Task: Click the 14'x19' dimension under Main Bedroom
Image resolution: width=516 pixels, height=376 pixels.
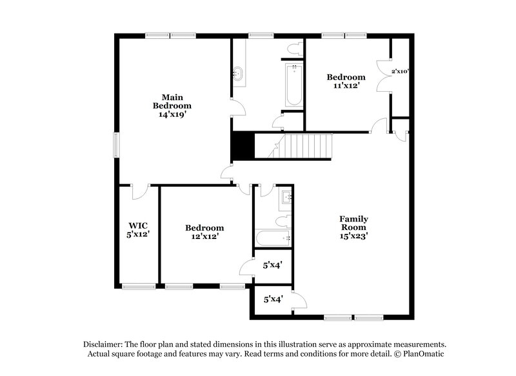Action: [x=172, y=114]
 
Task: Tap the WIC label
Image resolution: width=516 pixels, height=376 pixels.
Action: [x=139, y=225]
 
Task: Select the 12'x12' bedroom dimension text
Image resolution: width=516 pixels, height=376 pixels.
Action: [x=204, y=236]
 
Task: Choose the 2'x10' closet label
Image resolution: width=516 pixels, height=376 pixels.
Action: [x=401, y=71]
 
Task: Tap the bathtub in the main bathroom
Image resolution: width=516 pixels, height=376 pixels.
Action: [x=293, y=85]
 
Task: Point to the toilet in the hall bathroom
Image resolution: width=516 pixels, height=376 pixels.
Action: [x=282, y=222]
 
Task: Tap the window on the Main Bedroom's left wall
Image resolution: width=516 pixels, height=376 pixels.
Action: [x=117, y=144]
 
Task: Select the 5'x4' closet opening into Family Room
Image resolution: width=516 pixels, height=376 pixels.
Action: [x=273, y=300]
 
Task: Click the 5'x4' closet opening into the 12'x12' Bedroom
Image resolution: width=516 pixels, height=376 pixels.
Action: [x=273, y=265]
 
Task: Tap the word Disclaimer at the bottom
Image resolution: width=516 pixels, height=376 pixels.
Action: [x=105, y=344]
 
